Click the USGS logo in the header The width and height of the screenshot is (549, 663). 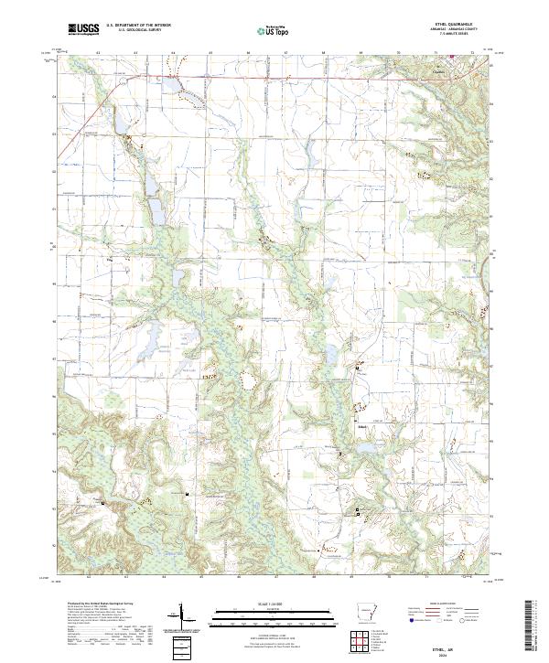click(x=84, y=29)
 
